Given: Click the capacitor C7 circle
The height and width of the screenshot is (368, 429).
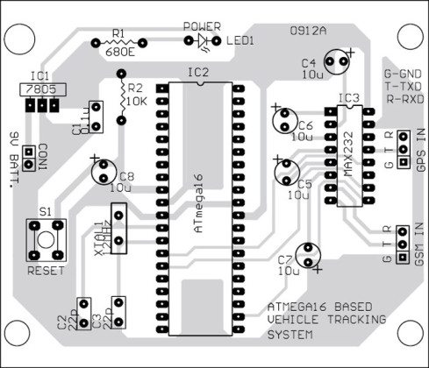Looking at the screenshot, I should (x=310, y=254).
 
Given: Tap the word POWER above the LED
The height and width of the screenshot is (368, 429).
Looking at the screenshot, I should (x=203, y=27).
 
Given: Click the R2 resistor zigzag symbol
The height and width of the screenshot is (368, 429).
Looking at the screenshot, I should (x=118, y=99).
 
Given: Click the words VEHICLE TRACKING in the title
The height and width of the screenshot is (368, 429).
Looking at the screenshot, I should (x=325, y=321).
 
